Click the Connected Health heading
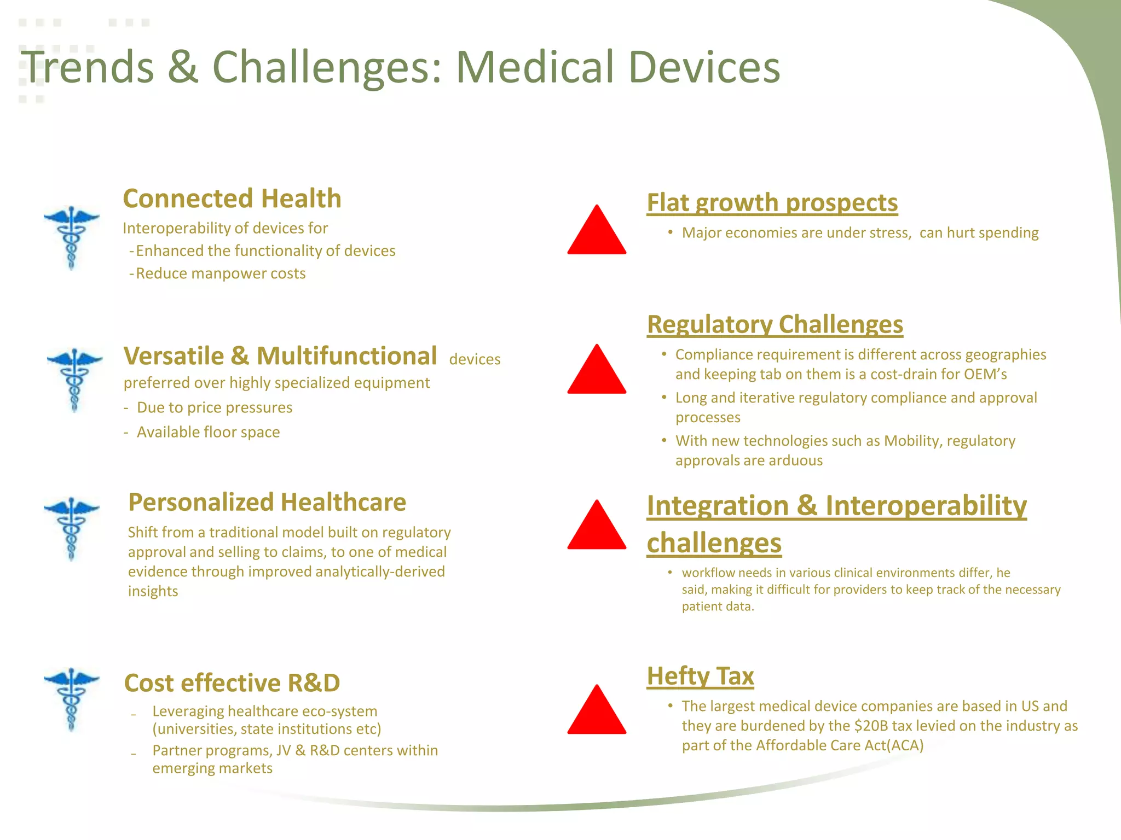[232, 199]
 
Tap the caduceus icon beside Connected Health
[72, 237]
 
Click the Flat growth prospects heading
[772, 202]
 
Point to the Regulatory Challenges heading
[775, 324]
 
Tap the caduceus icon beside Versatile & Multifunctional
[74, 380]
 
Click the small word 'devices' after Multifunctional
[475, 359]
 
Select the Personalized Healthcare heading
[267, 502]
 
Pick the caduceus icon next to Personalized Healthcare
[72, 528]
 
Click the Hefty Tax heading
[700, 676]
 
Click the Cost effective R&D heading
[232, 683]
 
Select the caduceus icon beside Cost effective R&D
[72, 699]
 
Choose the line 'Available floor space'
[208, 432]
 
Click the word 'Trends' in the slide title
[88, 67]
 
